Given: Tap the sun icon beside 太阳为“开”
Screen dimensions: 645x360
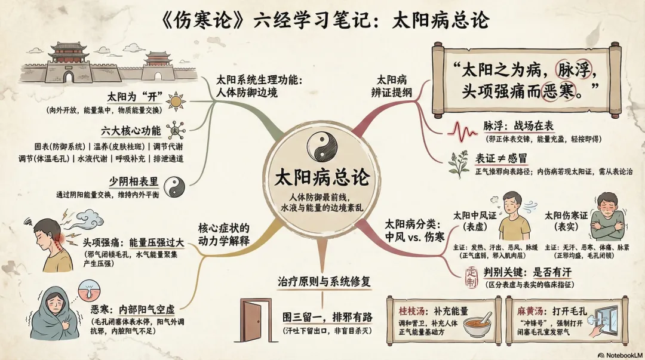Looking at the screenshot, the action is click(176, 101).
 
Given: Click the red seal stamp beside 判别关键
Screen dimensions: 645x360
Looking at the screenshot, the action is click(470, 275).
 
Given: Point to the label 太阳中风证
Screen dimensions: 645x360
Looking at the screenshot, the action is click(476, 216).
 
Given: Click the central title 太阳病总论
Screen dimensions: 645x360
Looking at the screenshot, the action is click(322, 177).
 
